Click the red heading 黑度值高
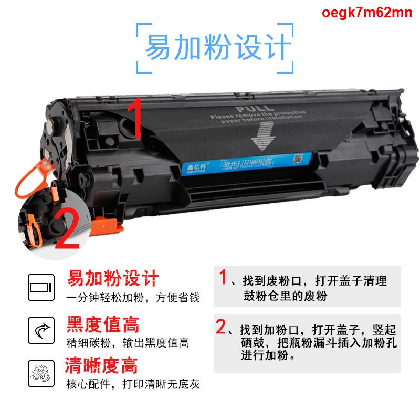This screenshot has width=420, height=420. pyautogui.click(x=103, y=323)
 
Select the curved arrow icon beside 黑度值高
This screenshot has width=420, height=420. pyautogui.click(x=41, y=331)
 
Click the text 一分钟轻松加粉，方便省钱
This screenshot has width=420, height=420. pyautogui.click(x=132, y=298)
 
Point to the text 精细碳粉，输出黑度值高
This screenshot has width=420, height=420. pyautogui.click(x=128, y=343)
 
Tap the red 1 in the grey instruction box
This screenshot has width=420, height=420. pyautogui.click(x=223, y=277)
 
